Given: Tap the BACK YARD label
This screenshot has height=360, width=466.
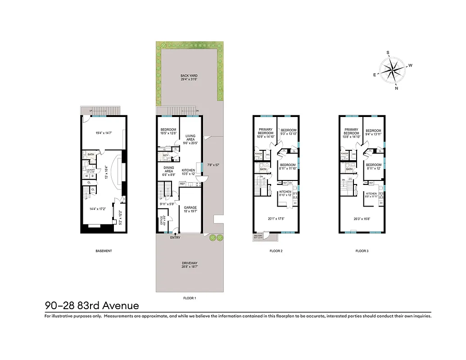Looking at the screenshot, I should [x=189, y=76].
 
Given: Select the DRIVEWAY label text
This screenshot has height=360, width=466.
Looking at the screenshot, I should [x=190, y=263].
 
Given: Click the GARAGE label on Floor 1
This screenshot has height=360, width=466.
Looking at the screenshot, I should [x=190, y=207].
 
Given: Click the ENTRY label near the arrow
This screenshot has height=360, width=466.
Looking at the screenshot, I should [x=175, y=238].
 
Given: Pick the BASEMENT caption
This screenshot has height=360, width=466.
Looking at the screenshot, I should [x=104, y=251].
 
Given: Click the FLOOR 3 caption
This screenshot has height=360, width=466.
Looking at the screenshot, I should [x=362, y=251].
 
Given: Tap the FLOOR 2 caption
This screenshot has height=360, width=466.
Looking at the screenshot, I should [x=276, y=251].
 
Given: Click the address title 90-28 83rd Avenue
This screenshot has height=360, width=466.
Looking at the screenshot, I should [x=92, y=306].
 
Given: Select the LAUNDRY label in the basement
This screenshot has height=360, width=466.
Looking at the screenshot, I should [x=90, y=170].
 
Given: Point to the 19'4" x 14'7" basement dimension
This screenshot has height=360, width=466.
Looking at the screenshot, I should [x=104, y=133].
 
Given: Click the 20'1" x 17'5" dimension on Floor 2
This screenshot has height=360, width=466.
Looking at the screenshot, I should [x=276, y=219].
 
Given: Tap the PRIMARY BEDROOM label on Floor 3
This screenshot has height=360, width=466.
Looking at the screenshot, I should [x=351, y=131].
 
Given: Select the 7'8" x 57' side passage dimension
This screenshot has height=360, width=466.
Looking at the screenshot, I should [x=212, y=165].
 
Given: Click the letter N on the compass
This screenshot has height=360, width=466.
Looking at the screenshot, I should [x=396, y=88].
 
